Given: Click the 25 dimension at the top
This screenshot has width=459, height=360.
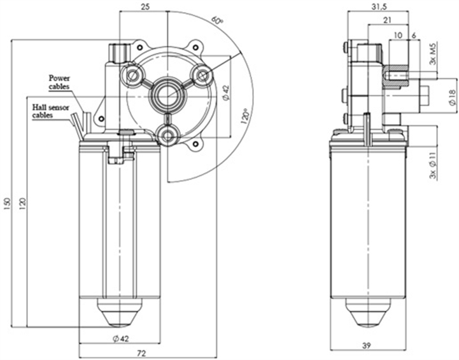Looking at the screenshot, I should tap(145, 6).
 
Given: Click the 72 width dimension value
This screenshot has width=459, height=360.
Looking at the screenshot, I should tap(142, 352).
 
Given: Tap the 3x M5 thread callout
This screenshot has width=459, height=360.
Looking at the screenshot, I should tap(432, 55).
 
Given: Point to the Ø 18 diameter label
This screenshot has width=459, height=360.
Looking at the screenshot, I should tap(451, 97).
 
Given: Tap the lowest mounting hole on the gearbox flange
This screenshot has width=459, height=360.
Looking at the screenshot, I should tap(168, 135).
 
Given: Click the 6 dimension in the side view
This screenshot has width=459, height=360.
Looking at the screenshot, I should tap(414, 35).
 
